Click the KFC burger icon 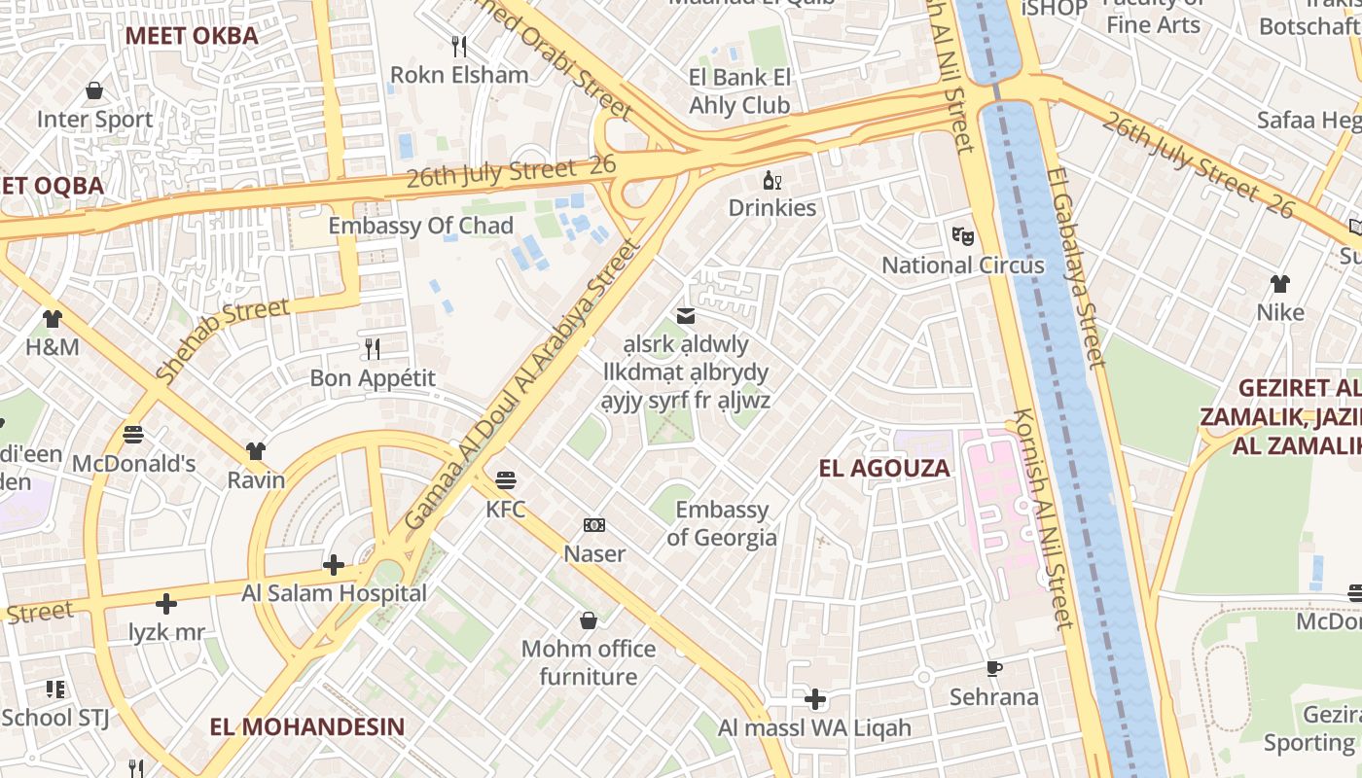click(505, 480)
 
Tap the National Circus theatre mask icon click(962, 235)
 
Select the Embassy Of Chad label click(420, 226)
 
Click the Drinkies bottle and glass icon click(772, 180)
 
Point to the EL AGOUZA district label click(883, 468)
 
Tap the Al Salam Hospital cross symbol click(334, 564)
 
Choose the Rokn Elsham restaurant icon click(459, 46)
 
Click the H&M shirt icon click(52, 318)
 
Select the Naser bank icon click(594, 525)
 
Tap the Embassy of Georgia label click(722, 523)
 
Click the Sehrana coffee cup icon click(993, 668)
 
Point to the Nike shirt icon click(1279, 284)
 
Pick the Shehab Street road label click(223, 339)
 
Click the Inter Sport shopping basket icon click(94, 90)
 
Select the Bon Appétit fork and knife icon click(372, 348)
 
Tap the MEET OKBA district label click(192, 36)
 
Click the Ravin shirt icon click(256, 451)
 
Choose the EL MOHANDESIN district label click(307, 726)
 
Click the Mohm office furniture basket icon click(588, 620)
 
